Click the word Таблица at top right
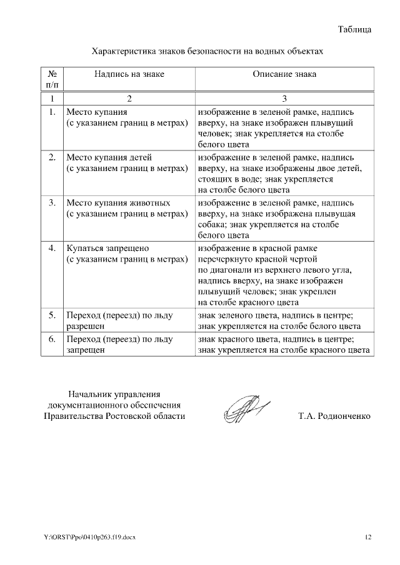355,29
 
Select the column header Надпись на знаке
129,74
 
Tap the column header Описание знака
284,74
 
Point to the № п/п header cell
52,79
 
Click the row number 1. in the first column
52,113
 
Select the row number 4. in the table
52,248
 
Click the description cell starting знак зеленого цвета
279,320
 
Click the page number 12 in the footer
368,536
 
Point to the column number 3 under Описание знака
284,99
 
